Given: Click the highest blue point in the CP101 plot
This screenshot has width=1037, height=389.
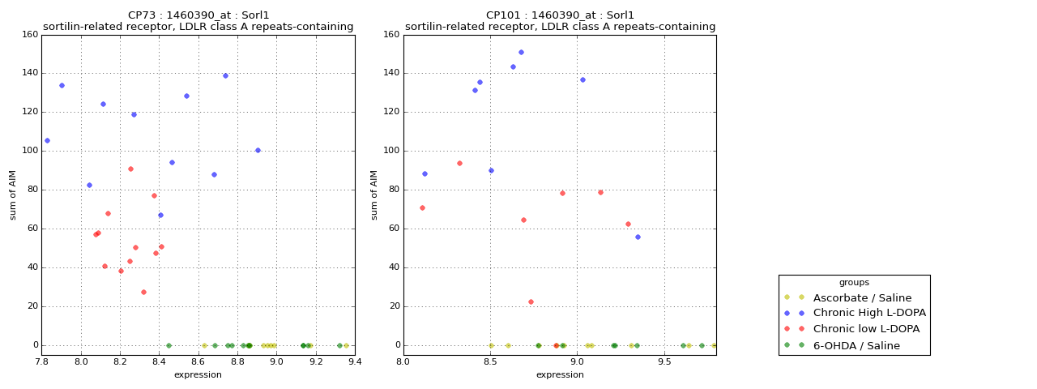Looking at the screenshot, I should pos(521,52).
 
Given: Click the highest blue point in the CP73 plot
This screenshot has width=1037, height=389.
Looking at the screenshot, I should pos(225,75).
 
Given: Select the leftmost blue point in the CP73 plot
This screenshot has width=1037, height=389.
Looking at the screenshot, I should pos(47,140).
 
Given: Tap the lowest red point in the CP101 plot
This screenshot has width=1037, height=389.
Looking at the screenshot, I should pos(531,301).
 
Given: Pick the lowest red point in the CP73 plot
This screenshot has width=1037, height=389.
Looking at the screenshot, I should pos(143,292).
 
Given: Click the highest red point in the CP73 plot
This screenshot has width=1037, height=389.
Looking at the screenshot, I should pos(130,169).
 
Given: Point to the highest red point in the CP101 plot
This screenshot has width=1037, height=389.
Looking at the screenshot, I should pos(459,163).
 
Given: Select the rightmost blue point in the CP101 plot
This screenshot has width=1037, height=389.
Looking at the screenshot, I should pos(638,237).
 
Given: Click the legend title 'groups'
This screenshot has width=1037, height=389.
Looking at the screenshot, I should pos(854,282).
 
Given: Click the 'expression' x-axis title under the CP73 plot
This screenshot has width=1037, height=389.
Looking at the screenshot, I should pos(198,374).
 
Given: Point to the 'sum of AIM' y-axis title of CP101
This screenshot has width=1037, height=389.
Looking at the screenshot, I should pos(374,194).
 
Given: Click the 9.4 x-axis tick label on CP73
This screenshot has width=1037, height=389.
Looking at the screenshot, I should pos(354,362).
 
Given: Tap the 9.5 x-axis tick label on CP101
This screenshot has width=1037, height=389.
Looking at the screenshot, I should pos(664,362).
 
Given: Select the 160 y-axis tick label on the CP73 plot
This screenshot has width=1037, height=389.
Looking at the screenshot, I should pos(29,34).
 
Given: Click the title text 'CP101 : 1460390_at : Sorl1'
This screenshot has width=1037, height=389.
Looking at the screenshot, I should pos(560,15).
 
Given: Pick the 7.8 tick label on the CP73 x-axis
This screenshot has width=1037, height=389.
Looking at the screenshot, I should pos(42,362).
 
